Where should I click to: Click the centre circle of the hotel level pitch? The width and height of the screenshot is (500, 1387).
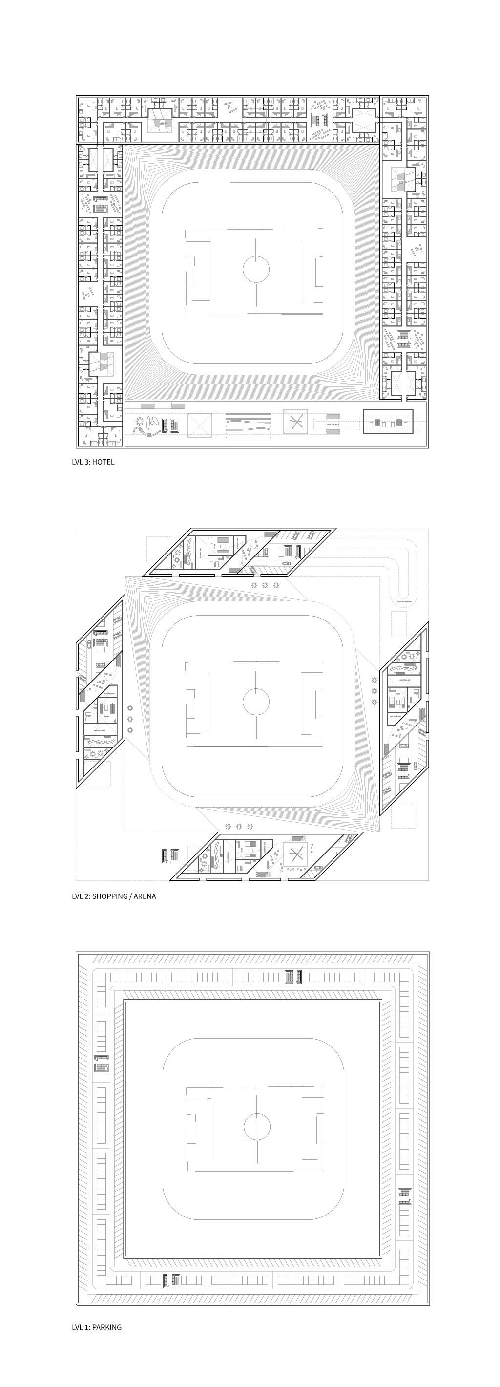pos(256,270)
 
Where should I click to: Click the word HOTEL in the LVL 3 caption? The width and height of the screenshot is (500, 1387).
pos(103,462)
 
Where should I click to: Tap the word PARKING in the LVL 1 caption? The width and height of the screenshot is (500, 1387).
pos(106,1327)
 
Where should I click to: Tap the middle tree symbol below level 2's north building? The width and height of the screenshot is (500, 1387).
pos(265,585)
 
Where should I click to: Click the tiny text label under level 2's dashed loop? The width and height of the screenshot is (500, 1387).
pos(405,601)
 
